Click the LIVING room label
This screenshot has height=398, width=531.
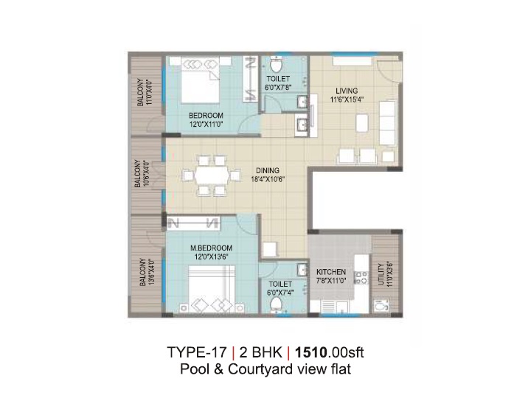click(x=347, y=91)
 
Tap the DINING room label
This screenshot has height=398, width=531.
click(x=268, y=170)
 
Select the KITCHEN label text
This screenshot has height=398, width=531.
click(x=331, y=272)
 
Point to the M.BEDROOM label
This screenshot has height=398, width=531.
click(x=211, y=248)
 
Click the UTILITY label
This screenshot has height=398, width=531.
click(x=381, y=274)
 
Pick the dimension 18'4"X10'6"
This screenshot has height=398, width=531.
click(x=268, y=179)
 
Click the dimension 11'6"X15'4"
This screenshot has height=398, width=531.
click(x=347, y=99)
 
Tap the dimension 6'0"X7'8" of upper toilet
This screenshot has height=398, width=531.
click(x=278, y=87)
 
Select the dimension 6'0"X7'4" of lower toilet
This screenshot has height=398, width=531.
click(x=280, y=292)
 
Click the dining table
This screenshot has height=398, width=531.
click(x=212, y=175)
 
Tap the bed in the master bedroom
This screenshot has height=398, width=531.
click(x=212, y=288)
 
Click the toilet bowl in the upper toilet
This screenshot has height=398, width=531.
click(x=276, y=65)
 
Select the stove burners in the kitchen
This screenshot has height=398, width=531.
click(x=361, y=277)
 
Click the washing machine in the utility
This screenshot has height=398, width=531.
click(x=381, y=307)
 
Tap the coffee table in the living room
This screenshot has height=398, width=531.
click(x=361, y=124)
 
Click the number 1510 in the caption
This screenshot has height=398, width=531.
click(x=311, y=352)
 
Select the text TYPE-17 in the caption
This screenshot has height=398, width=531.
click(x=197, y=352)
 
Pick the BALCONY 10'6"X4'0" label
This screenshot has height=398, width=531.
click(x=142, y=174)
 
